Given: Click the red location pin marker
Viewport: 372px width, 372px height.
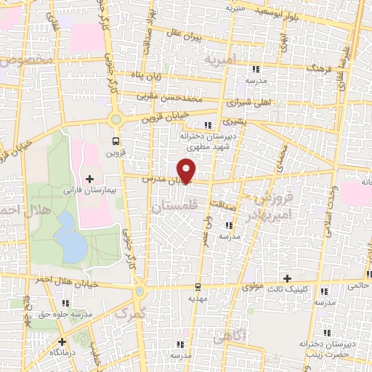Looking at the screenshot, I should coord(187,170).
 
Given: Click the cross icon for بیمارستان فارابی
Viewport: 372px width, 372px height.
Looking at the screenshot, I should coord(89,178).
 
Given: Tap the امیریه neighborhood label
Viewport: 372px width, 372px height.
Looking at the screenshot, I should coord(220,58).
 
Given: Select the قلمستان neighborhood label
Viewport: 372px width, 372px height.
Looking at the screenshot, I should coord(172,208).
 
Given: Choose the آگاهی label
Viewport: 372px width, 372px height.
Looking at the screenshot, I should coord(230,336).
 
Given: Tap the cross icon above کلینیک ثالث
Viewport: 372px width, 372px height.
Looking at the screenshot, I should coord(288,278).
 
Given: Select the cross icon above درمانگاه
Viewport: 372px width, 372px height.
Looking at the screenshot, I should coord(62,341).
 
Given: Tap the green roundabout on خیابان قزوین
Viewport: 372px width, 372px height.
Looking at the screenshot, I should coord(115,118).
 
